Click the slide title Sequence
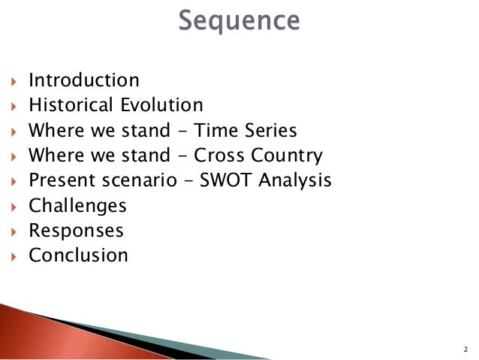coord(239,20)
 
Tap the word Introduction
coord(84,80)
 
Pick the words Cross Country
coord(258,156)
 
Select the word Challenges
coord(77,205)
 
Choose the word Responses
coord(76,231)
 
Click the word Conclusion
coord(78,255)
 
